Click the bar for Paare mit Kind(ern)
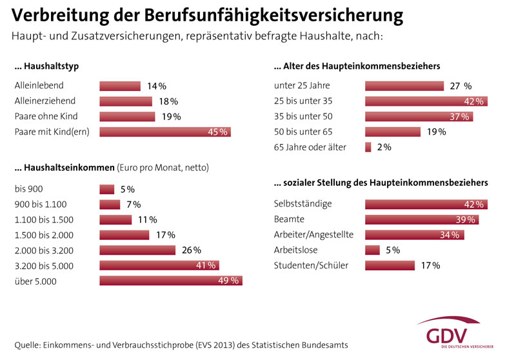point(164,132)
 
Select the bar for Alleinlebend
point(119,85)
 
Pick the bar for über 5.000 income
point(171,281)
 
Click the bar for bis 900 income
point(106,189)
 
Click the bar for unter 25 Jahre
point(404,85)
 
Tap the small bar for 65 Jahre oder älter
point(368,147)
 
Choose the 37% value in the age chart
point(459,116)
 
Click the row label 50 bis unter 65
point(308,132)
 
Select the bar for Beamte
point(422,219)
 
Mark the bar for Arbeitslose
point(372,250)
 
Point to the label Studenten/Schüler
point(311,265)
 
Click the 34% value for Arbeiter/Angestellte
point(449,235)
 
